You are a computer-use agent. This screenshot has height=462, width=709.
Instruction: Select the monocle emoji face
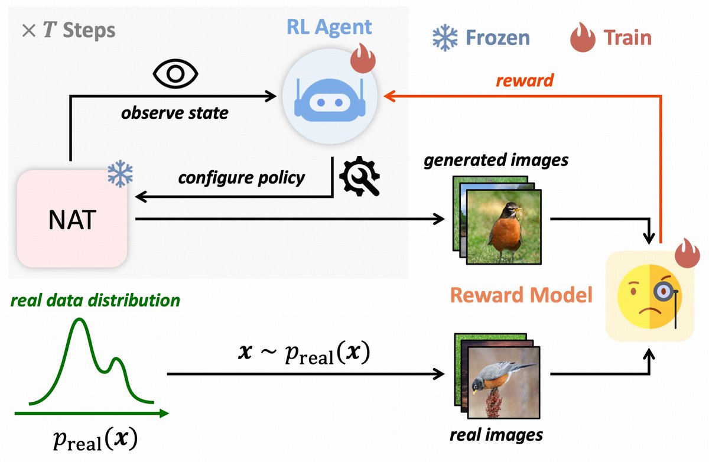coord(649,295)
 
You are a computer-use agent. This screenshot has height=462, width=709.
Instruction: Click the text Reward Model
coord(521,294)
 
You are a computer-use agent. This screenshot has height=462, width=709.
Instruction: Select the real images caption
coord(496,435)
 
